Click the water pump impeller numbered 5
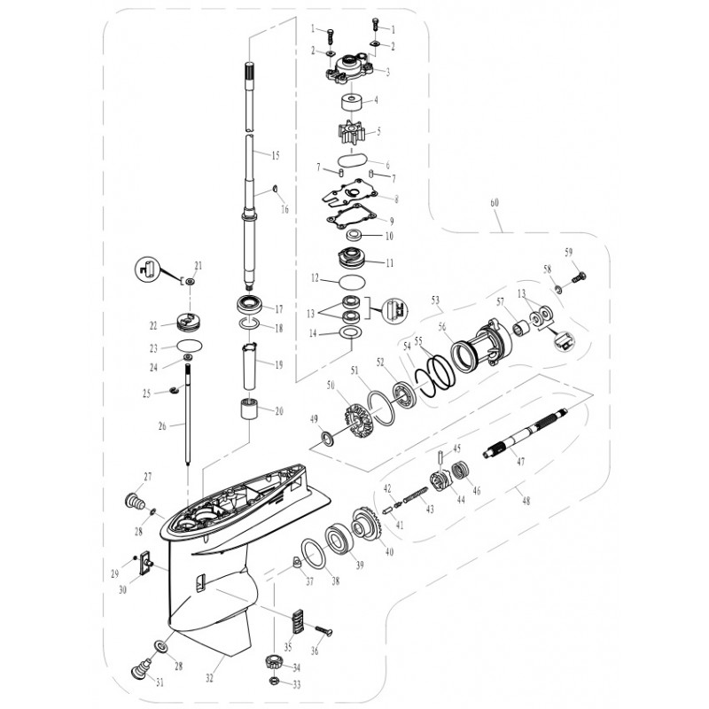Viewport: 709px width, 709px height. [351, 132]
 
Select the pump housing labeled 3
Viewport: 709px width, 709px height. [350, 70]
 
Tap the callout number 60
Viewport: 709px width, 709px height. [495, 203]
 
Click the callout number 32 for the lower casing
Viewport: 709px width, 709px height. [209, 678]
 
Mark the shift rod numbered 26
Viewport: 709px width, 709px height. [187, 415]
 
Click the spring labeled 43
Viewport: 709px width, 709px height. [414, 495]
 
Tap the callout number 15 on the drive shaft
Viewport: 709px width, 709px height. [276, 156]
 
